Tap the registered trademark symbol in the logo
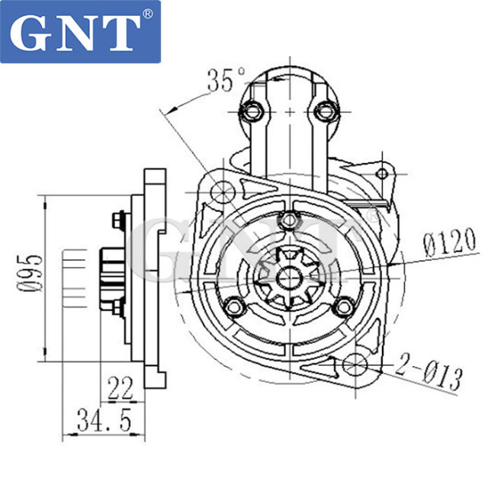click(147, 13)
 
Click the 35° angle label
click(226, 79)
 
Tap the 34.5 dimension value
click(104, 419)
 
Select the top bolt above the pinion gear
click(287, 220)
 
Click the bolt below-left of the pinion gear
click(235, 308)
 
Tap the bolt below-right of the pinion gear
click(342, 307)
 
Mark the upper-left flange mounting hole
click(223, 190)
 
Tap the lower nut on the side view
click(117, 308)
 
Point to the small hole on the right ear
click(383, 175)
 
